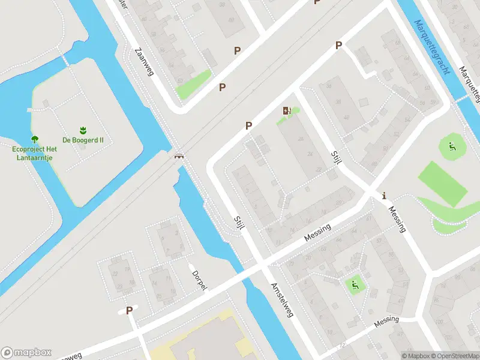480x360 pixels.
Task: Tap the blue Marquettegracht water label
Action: (432, 47)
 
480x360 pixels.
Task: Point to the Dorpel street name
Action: (199, 278)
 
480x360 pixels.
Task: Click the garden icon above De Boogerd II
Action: (83, 130)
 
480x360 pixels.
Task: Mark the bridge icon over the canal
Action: (179, 156)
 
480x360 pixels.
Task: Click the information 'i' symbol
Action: (384, 196)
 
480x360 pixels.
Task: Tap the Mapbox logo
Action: (26, 352)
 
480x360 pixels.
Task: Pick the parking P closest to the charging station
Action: (248, 125)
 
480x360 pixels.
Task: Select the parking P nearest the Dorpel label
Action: (129, 310)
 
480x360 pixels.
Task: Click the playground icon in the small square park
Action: (354, 284)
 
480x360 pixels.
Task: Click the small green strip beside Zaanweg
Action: (193, 85)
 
